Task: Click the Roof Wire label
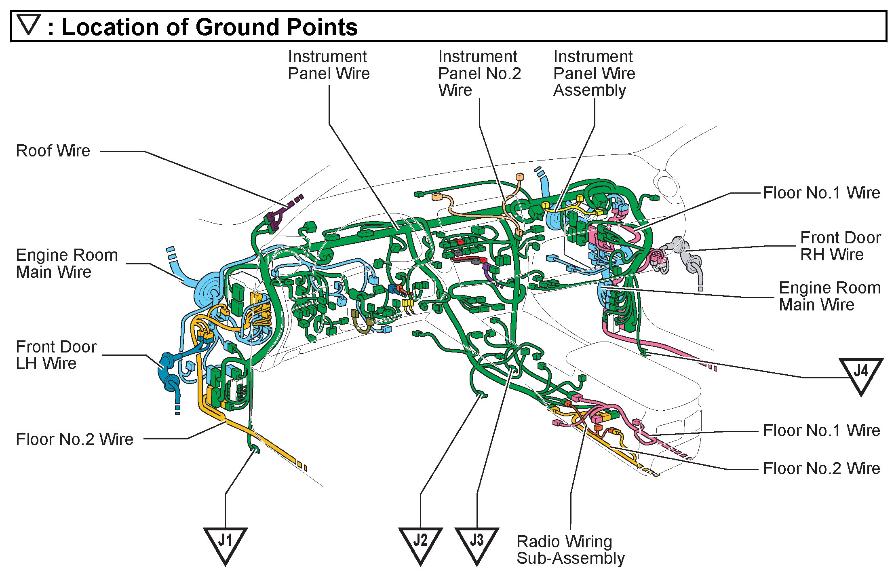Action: tap(53, 151)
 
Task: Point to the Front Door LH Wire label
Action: tap(56, 355)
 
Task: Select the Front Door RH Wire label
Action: tap(840, 246)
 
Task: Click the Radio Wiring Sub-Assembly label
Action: tap(570, 550)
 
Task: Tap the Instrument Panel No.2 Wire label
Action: tap(479, 73)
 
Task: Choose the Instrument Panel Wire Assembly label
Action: tap(594, 73)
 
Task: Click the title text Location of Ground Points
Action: tap(209, 27)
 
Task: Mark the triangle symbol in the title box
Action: tap(29, 24)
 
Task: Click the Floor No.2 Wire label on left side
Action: tap(74, 439)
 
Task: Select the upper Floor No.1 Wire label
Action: tap(821, 193)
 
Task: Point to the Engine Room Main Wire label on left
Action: tap(67, 264)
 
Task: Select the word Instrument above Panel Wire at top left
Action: tap(327, 57)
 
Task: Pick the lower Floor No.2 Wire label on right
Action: tap(821, 468)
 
